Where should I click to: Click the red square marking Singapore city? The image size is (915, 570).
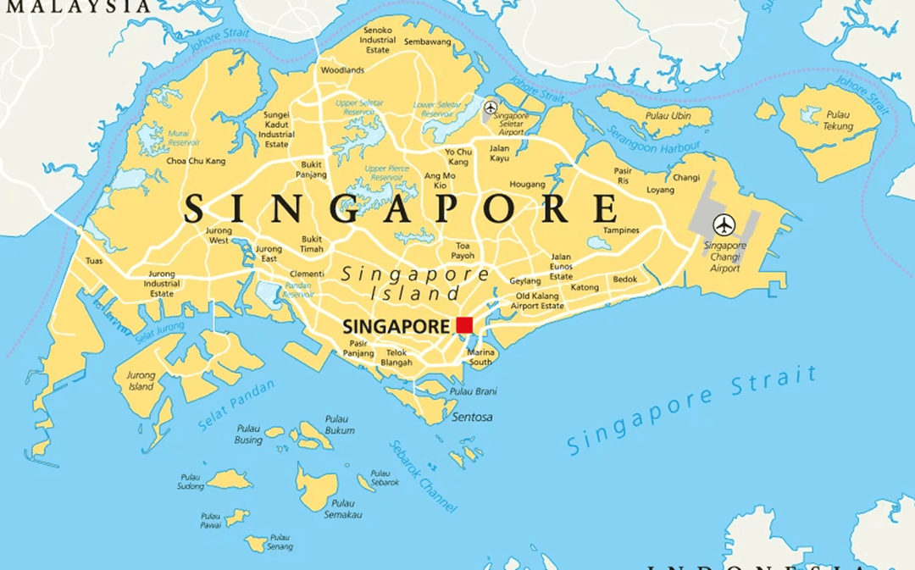[x=464, y=325]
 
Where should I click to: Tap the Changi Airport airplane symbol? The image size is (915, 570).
[x=724, y=225]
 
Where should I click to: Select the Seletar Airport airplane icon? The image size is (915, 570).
[x=491, y=108]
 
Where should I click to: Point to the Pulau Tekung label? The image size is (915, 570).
[x=838, y=120]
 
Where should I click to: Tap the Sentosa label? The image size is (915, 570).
[x=472, y=417]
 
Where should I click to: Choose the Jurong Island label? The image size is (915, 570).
[x=141, y=381]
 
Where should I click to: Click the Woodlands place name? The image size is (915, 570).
[x=342, y=69]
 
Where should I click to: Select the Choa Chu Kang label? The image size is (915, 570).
[x=196, y=161]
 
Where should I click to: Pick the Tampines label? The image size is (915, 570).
[x=621, y=230]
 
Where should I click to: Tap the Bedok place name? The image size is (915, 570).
[x=625, y=279]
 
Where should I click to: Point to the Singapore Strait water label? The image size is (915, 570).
[x=693, y=410]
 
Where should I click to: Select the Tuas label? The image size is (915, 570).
[x=94, y=261]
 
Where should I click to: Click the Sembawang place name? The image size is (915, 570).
[x=427, y=42]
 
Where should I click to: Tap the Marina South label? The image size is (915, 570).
[x=480, y=357]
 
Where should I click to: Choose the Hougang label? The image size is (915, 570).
[x=527, y=184]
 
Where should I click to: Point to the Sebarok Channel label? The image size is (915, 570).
[x=423, y=476]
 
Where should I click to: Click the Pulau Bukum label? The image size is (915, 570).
[x=340, y=425]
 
